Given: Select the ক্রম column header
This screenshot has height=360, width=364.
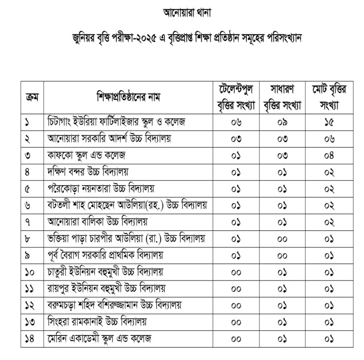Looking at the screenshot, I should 32,97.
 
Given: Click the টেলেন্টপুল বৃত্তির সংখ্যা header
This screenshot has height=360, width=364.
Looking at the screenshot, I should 236,97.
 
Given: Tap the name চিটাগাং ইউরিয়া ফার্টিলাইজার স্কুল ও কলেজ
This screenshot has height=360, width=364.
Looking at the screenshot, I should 116,122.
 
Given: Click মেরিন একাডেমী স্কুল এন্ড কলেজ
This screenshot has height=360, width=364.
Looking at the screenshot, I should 100,339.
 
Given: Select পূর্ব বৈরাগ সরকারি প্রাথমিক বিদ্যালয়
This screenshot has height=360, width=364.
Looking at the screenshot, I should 106,256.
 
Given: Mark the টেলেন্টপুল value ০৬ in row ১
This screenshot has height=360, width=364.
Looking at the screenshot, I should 236,122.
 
